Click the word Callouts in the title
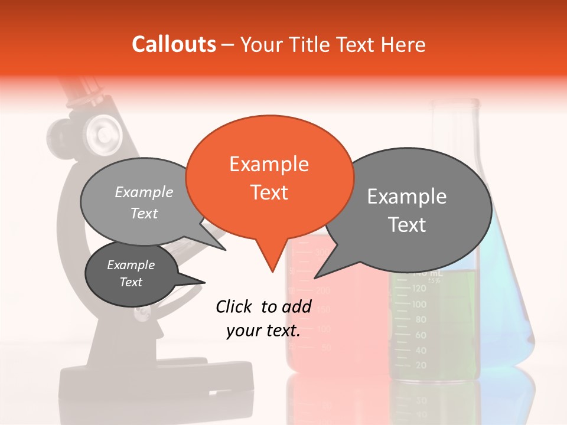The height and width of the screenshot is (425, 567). click(174, 45)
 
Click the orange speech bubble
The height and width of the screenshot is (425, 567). click(269, 177)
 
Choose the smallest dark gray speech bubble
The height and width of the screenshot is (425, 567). click(131, 274)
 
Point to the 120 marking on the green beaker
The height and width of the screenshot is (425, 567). click(419, 289)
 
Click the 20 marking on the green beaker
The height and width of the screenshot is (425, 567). click(421, 366)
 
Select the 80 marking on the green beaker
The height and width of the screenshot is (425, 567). click(421, 320)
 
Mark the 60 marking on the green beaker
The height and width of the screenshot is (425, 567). click(421, 335)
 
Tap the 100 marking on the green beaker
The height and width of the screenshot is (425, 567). click(419, 305)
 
